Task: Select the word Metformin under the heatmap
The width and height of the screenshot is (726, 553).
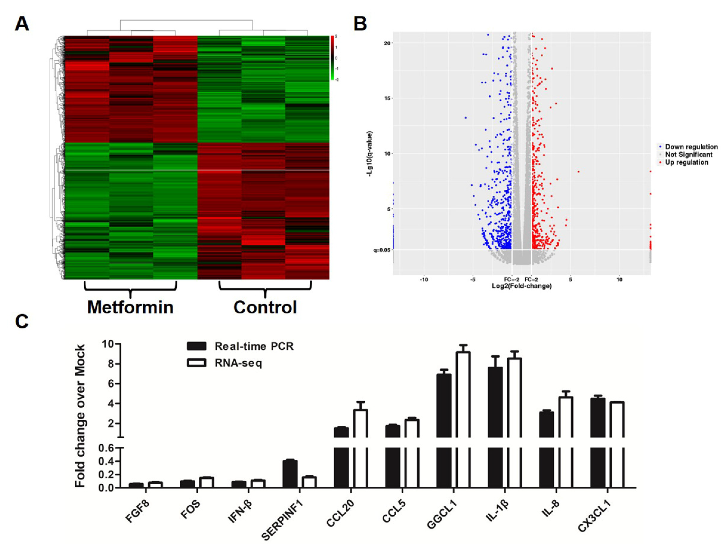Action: coord(130,307)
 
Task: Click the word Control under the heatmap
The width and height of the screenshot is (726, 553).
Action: coord(265,307)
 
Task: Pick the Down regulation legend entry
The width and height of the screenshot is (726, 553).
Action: coord(691,147)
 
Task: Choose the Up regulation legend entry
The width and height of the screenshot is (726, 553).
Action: coord(686,162)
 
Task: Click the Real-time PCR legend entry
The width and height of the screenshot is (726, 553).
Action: coord(253,346)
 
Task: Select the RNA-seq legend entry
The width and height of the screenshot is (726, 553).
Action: coord(238,363)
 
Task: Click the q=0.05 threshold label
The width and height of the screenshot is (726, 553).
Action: coord(381,250)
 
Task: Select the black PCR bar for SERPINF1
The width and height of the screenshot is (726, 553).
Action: coord(290,474)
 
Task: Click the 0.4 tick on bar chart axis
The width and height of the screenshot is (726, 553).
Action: coord(106,462)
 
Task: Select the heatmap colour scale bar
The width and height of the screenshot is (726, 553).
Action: coord(332,58)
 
